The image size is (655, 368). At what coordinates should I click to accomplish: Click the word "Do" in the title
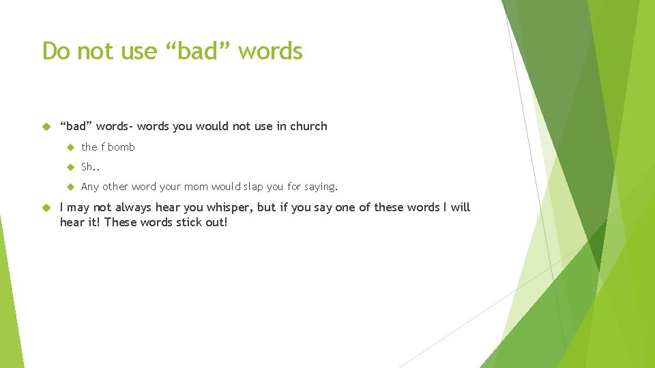[56, 51]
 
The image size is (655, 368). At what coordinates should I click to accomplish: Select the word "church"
[308, 126]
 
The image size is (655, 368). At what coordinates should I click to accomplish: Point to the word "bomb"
[121, 147]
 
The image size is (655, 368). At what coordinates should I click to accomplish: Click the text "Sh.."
[90, 167]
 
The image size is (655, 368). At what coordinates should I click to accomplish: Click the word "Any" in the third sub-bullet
[90, 187]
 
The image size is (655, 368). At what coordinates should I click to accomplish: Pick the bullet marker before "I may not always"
[47, 207]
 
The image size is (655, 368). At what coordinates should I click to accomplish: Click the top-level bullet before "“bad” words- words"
[47, 126]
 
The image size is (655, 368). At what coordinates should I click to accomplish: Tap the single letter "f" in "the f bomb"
[103, 147]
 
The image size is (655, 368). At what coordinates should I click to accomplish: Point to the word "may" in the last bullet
[77, 208]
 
